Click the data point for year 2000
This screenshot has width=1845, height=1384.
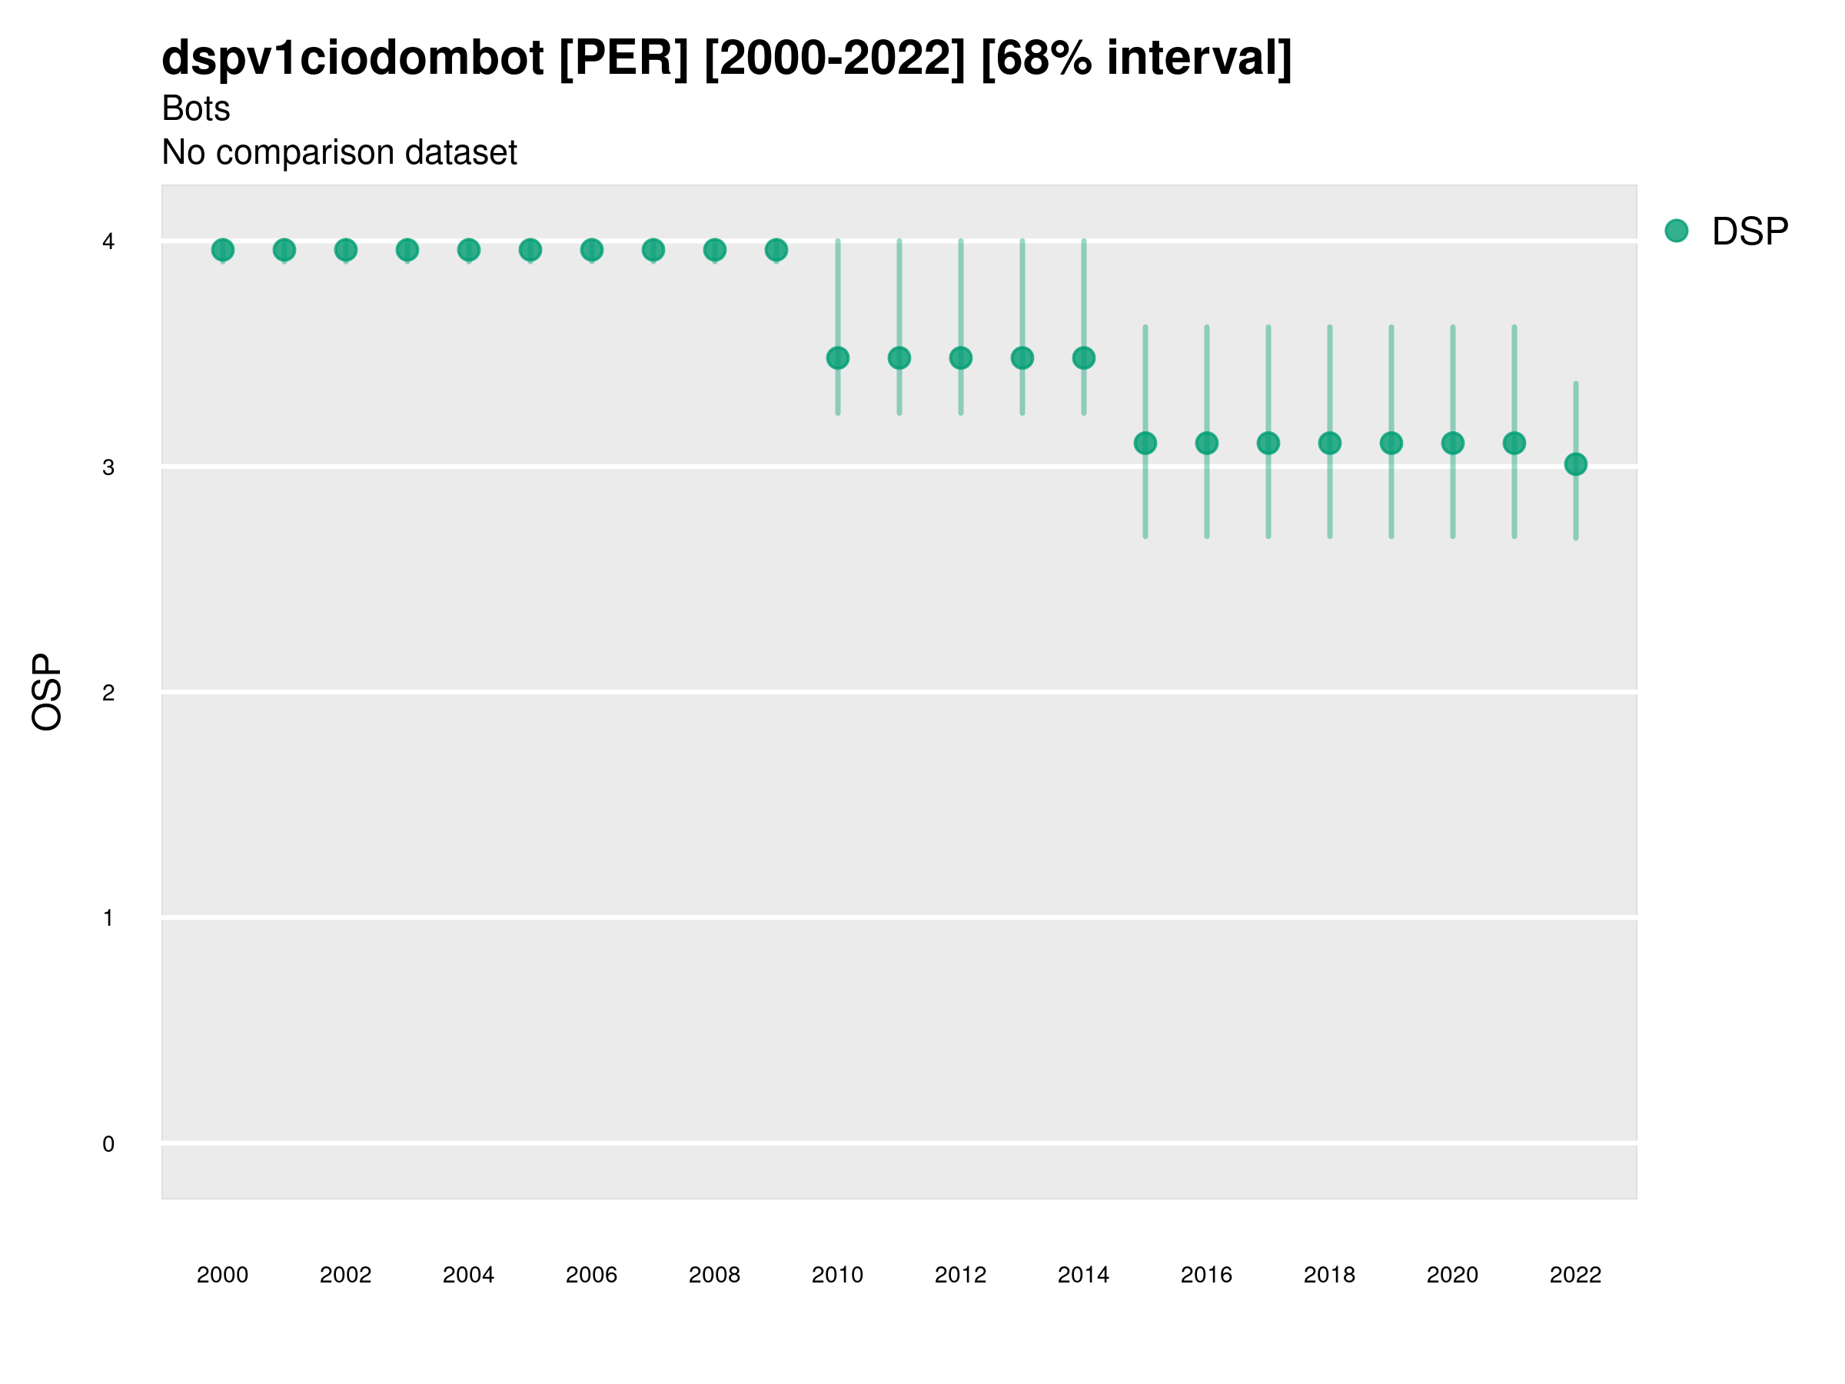point(223,249)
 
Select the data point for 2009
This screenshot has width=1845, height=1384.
point(776,249)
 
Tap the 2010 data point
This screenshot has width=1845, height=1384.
point(837,358)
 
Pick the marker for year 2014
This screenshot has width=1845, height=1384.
point(1083,358)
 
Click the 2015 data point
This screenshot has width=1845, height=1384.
point(1145,443)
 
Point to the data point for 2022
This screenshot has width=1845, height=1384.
point(1576,464)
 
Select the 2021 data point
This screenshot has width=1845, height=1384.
point(1514,443)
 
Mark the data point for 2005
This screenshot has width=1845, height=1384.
point(530,249)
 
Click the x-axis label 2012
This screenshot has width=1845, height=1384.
point(960,1275)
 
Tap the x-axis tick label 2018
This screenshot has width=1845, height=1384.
point(1329,1275)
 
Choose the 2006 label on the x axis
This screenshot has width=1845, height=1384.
point(591,1275)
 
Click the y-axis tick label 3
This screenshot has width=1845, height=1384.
point(108,467)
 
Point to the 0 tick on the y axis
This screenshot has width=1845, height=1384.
point(108,1144)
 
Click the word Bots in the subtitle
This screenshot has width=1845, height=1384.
point(196,108)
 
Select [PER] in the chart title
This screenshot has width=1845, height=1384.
point(624,58)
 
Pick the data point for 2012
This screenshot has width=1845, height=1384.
point(961,358)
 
